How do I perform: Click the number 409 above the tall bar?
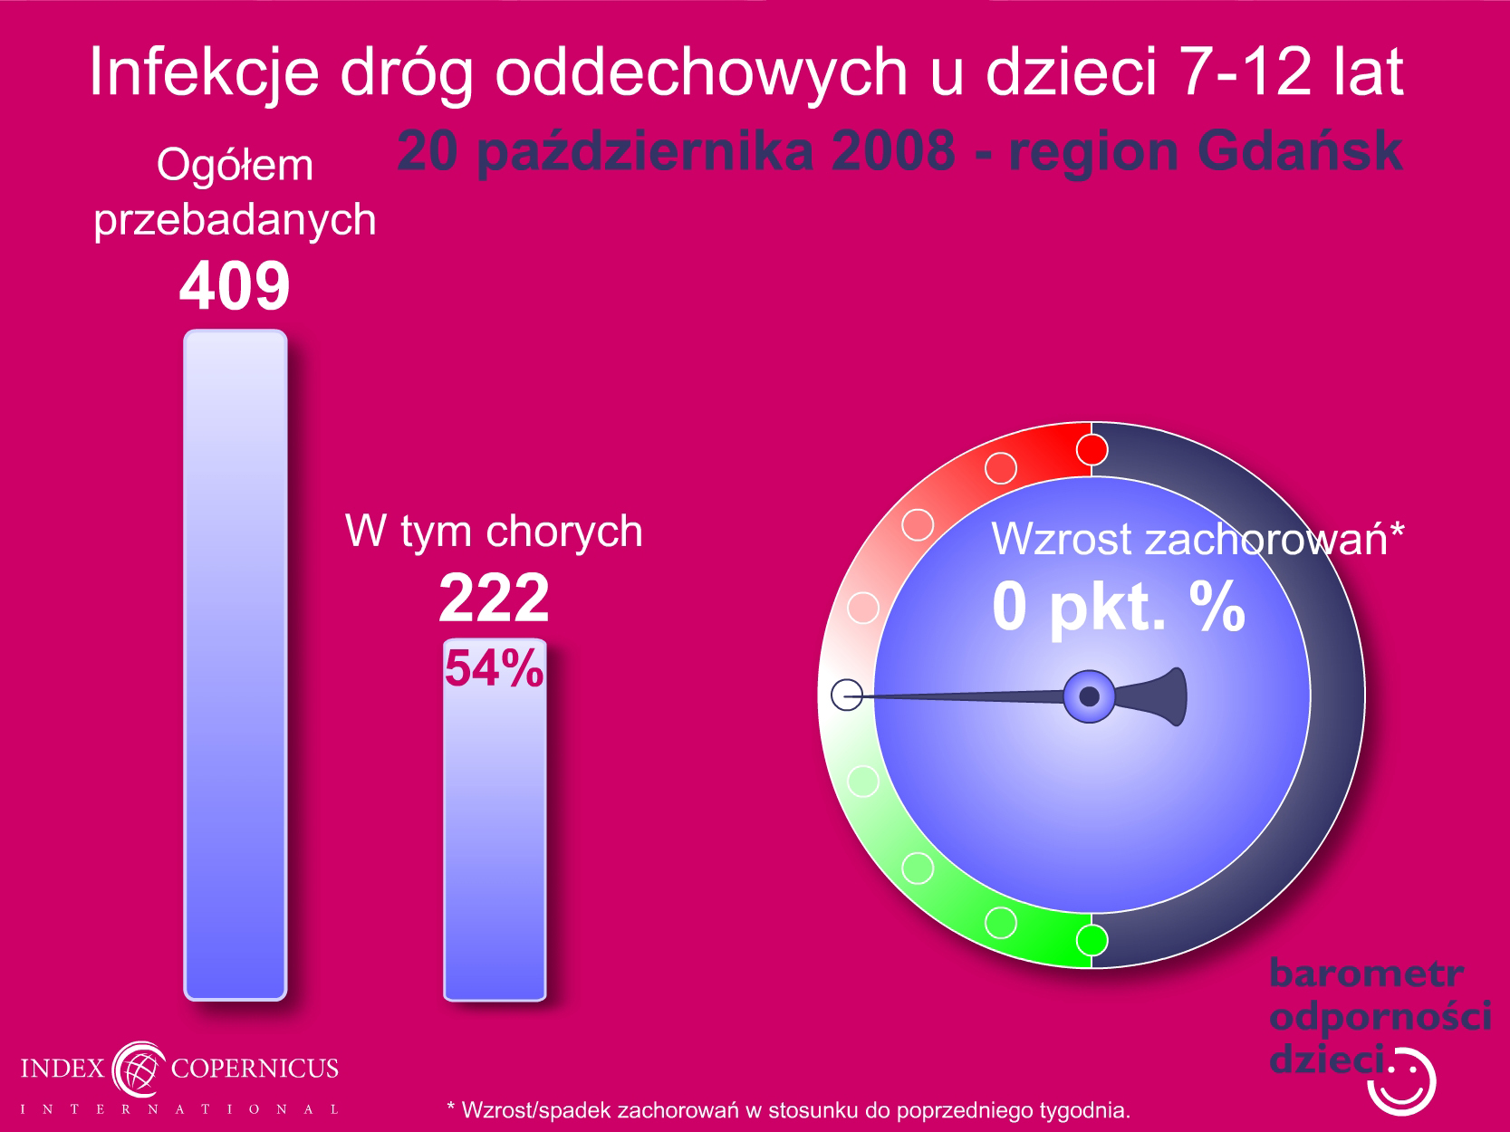pos(235,285)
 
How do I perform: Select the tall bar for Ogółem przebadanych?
pos(236,665)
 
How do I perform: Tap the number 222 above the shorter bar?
pos(494,597)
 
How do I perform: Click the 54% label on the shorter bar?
pos(494,667)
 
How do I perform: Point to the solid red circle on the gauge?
pos(1092,450)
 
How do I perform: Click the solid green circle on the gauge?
pos(1092,940)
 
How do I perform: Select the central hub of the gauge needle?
pos(1089,696)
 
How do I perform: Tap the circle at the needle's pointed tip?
pos(847,695)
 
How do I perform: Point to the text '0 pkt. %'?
pos(1118,607)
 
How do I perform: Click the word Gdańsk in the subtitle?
pos(1300,150)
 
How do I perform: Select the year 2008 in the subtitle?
pos(892,150)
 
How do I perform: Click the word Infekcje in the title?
pos(205,72)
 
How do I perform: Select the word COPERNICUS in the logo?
pos(255,1068)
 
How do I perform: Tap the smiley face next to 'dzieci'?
pos(1401,1081)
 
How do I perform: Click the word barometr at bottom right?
pos(1366,974)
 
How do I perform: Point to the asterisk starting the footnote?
pos(451,1105)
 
